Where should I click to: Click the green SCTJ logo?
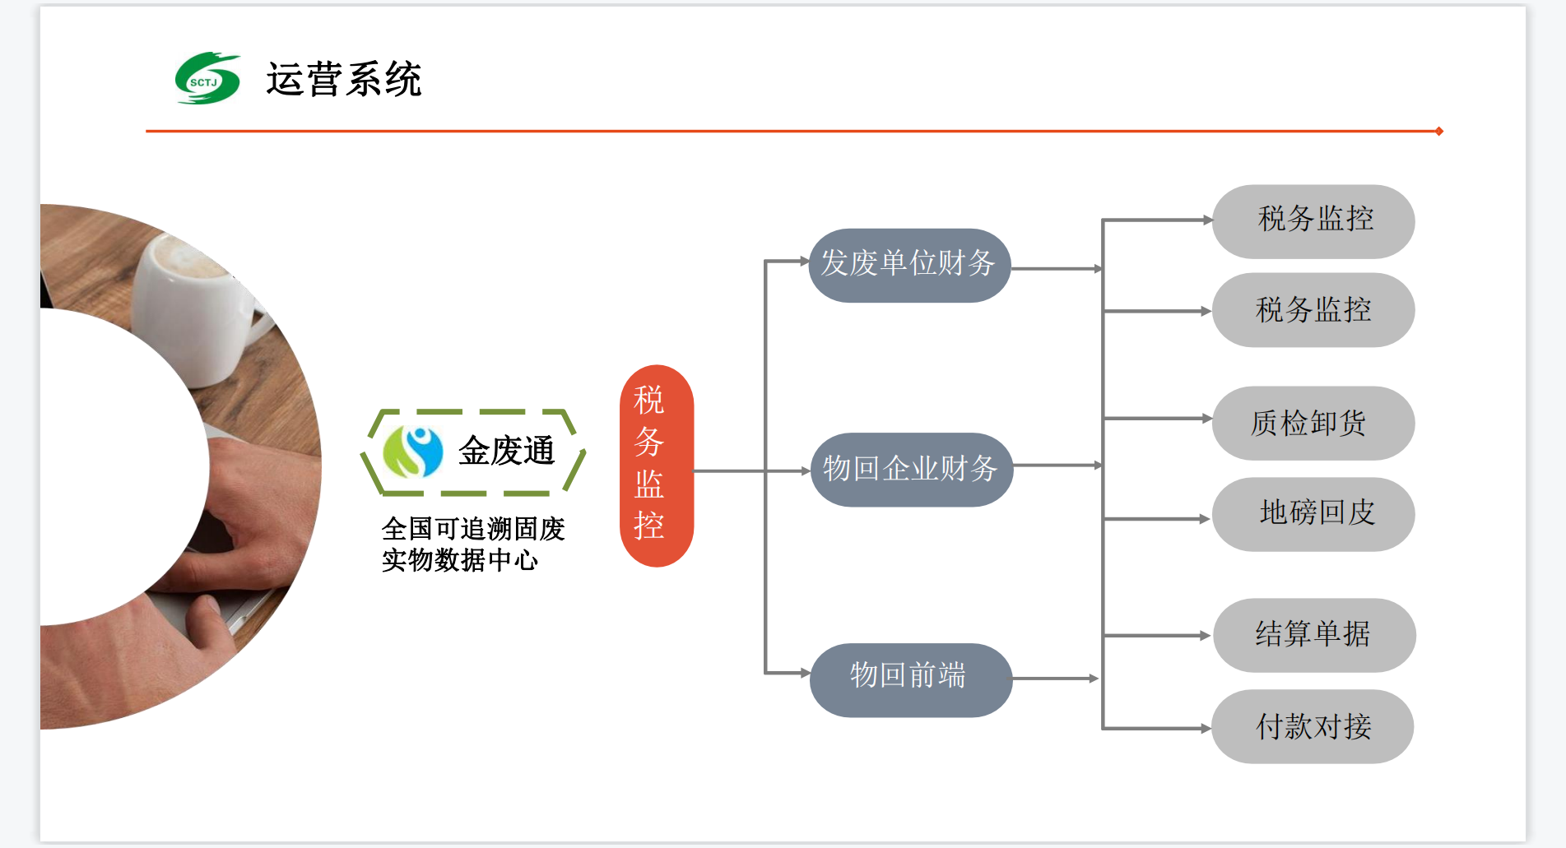207,79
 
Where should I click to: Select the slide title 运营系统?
343,80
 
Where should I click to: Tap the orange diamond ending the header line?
1438,131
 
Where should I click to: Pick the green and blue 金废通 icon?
413,452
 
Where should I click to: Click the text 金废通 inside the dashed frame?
506,451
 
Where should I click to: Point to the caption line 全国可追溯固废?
473,528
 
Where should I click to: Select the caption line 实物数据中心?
459,560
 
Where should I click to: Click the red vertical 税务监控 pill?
656,466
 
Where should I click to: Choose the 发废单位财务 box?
909,265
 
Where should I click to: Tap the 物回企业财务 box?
911,470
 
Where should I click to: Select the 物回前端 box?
910,679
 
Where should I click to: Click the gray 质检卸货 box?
1313,423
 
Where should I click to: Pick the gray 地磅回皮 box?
1313,514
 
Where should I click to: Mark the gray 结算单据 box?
1314,635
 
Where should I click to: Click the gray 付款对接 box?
1313,726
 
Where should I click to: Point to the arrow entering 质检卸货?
1158,419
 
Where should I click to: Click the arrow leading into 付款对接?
1158,728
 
